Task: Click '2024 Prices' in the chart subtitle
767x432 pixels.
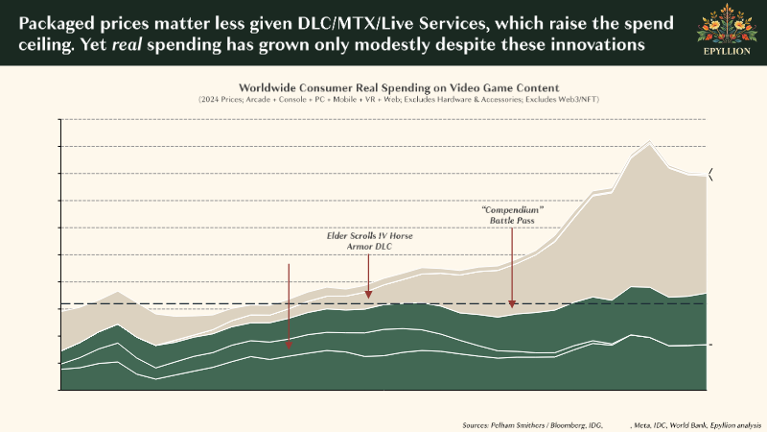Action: tap(222, 99)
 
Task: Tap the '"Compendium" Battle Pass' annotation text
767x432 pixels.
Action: tap(513, 215)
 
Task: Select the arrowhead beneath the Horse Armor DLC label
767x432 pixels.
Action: tap(368, 294)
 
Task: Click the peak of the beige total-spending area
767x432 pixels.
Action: tap(651, 143)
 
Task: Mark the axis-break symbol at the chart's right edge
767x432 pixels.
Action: tap(710, 173)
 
